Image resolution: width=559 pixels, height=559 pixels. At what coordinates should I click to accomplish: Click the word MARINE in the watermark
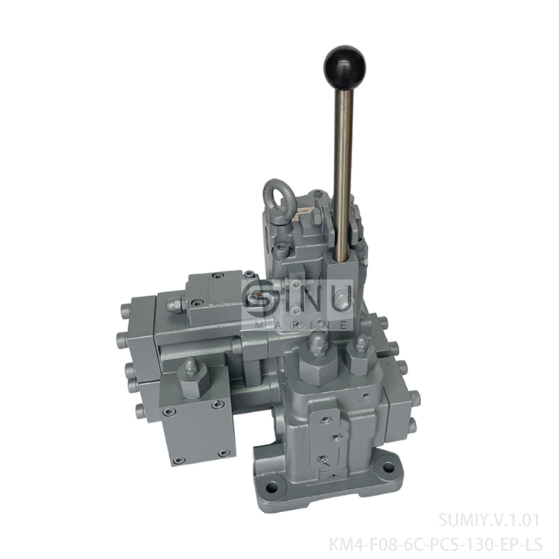point(298,324)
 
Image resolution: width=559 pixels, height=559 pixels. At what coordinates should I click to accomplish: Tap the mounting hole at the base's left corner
point(271,487)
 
